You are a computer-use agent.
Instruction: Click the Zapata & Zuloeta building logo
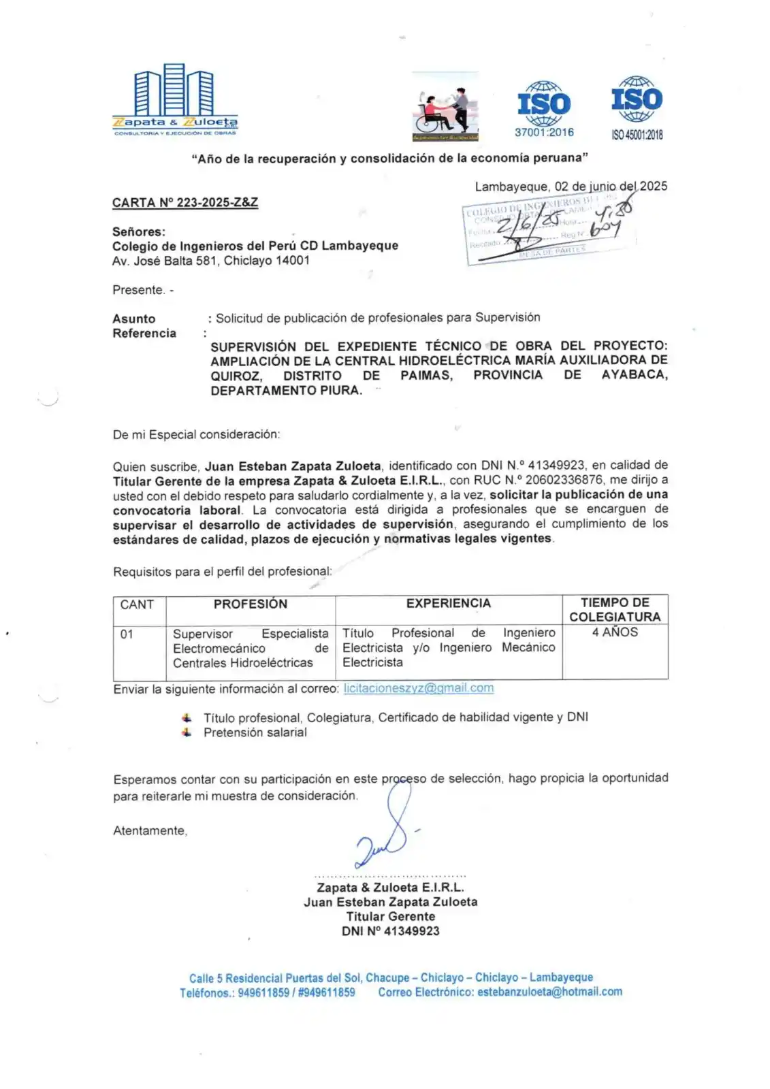pyautogui.click(x=174, y=99)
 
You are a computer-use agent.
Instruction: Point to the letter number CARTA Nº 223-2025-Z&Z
pyautogui.click(x=185, y=203)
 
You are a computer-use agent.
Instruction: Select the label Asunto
pyautogui.click(x=134, y=319)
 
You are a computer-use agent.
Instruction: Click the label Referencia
pyautogui.click(x=144, y=334)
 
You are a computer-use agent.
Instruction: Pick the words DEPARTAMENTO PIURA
pyautogui.click(x=286, y=391)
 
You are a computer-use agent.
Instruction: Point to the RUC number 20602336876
pyautogui.click(x=564, y=481)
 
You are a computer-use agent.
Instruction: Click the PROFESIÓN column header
pyautogui.click(x=250, y=604)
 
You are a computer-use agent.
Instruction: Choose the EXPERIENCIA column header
pyautogui.click(x=448, y=604)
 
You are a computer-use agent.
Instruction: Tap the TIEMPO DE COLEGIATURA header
pyautogui.click(x=615, y=610)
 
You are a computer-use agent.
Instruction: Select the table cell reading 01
pyautogui.click(x=127, y=634)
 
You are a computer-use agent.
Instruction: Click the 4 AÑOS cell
pyautogui.click(x=615, y=632)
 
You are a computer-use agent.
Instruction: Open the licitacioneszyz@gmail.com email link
pyautogui.click(x=419, y=688)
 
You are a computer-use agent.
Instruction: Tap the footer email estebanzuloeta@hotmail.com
pyautogui.click(x=549, y=992)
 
